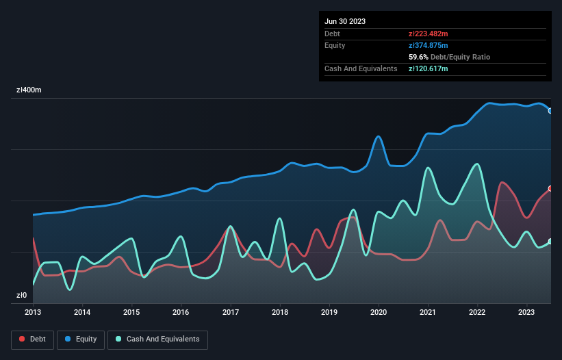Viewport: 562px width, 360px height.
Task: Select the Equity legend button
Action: (x=81, y=339)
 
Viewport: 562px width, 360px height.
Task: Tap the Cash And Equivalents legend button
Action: (x=157, y=339)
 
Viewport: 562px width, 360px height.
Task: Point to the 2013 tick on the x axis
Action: (x=33, y=312)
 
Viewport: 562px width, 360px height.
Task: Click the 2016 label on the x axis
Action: (x=181, y=312)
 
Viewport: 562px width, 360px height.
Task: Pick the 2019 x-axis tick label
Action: (x=329, y=312)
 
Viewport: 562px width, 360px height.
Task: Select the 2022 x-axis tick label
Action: (x=478, y=312)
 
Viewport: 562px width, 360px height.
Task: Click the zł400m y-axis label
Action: (x=29, y=90)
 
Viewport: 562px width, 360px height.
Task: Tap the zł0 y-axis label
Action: (x=22, y=296)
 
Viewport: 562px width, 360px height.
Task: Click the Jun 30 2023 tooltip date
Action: (x=345, y=21)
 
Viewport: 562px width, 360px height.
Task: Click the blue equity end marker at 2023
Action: (x=550, y=111)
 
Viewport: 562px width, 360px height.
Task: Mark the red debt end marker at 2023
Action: (x=550, y=188)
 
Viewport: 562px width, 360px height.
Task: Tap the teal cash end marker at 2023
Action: (x=550, y=241)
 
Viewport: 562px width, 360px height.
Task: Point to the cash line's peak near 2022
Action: (x=476, y=164)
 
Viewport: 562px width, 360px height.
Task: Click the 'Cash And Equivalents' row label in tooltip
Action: (x=361, y=68)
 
